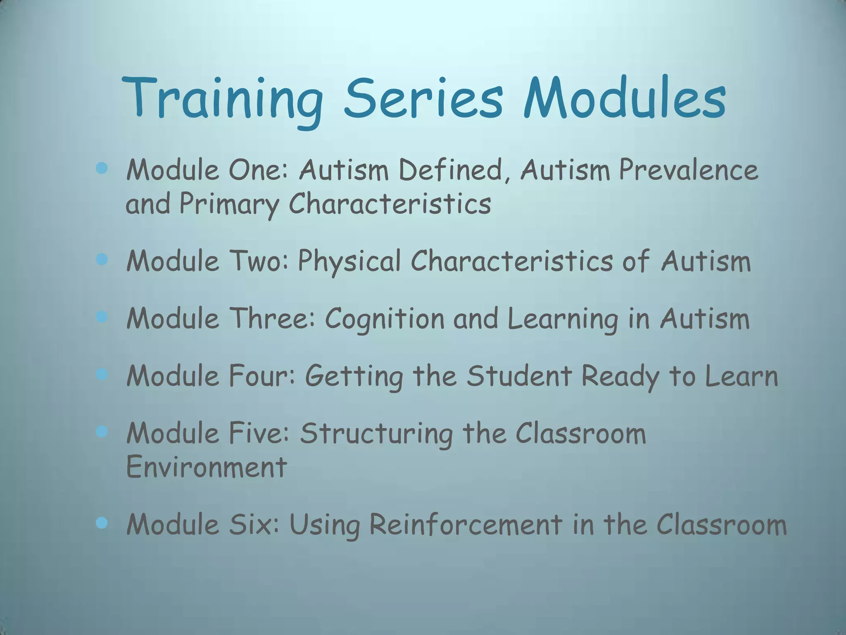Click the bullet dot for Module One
pos(102,168)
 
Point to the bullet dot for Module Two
pos(102,260)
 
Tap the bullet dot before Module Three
pos(102,317)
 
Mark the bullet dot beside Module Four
pos(102,375)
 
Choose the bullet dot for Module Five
pos(102,432)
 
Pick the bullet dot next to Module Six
pos(102,523)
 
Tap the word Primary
pos(229,204)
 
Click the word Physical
pos(349,262)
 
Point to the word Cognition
pos(384,320)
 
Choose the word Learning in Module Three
pos(563,320)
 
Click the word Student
pos(519,376)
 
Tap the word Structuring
pos(376,434)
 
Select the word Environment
pos(206,467)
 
